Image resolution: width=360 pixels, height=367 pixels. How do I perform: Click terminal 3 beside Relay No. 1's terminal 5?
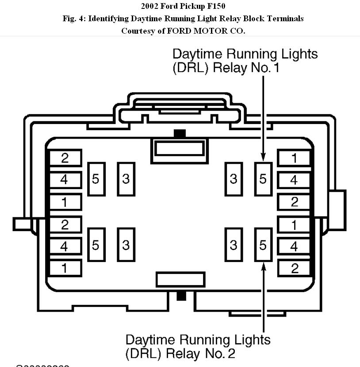tap(234, 179)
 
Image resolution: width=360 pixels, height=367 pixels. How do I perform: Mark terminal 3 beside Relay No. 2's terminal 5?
tap(234, 245)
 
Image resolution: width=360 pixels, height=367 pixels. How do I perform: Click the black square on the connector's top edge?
tap(180, 133)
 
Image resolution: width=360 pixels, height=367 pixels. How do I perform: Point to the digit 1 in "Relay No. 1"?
tap(276, 69)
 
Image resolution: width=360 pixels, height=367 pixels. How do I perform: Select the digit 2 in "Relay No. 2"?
tap(230, 354)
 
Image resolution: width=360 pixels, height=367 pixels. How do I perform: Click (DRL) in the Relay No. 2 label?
tap(143, 354)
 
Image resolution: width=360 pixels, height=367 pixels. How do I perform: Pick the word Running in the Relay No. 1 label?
tap(252, 54)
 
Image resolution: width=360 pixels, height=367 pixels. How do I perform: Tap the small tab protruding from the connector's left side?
tap(22, 224)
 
